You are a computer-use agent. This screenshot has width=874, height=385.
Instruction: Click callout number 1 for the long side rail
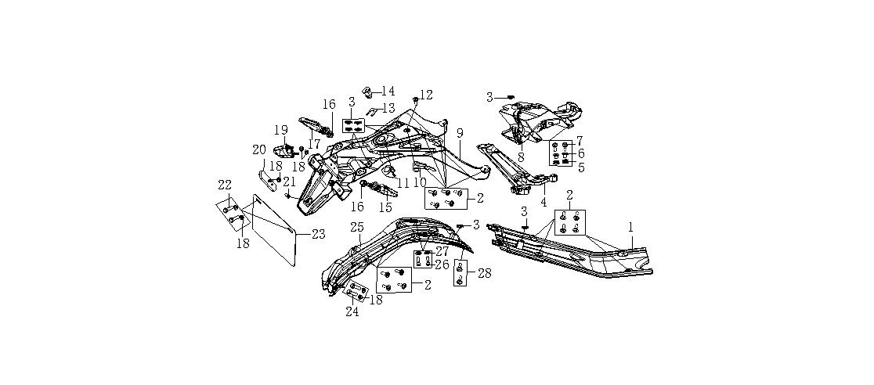pos(630,227)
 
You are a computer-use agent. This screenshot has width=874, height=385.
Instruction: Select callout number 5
pos(580,166)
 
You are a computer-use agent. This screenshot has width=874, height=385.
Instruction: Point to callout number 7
pos(580,141)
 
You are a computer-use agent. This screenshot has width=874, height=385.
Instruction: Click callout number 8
pos(521,157)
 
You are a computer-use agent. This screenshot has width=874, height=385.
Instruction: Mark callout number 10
pos(420,182)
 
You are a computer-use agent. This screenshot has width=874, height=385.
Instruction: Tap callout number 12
pos(426,95)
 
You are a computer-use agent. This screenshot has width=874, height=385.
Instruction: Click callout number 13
pos(388,109)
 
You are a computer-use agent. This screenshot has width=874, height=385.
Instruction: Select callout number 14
pos(388,92)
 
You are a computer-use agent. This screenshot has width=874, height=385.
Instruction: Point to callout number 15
pos(385,207)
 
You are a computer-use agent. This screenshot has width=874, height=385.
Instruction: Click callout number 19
pos(281,130)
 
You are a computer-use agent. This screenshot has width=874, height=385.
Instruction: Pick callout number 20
pos(259,150)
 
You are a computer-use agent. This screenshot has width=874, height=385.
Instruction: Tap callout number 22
pos(225,185)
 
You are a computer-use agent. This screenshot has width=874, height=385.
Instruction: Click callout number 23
pos(318,234)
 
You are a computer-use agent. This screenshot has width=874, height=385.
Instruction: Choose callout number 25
pos(357,227)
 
